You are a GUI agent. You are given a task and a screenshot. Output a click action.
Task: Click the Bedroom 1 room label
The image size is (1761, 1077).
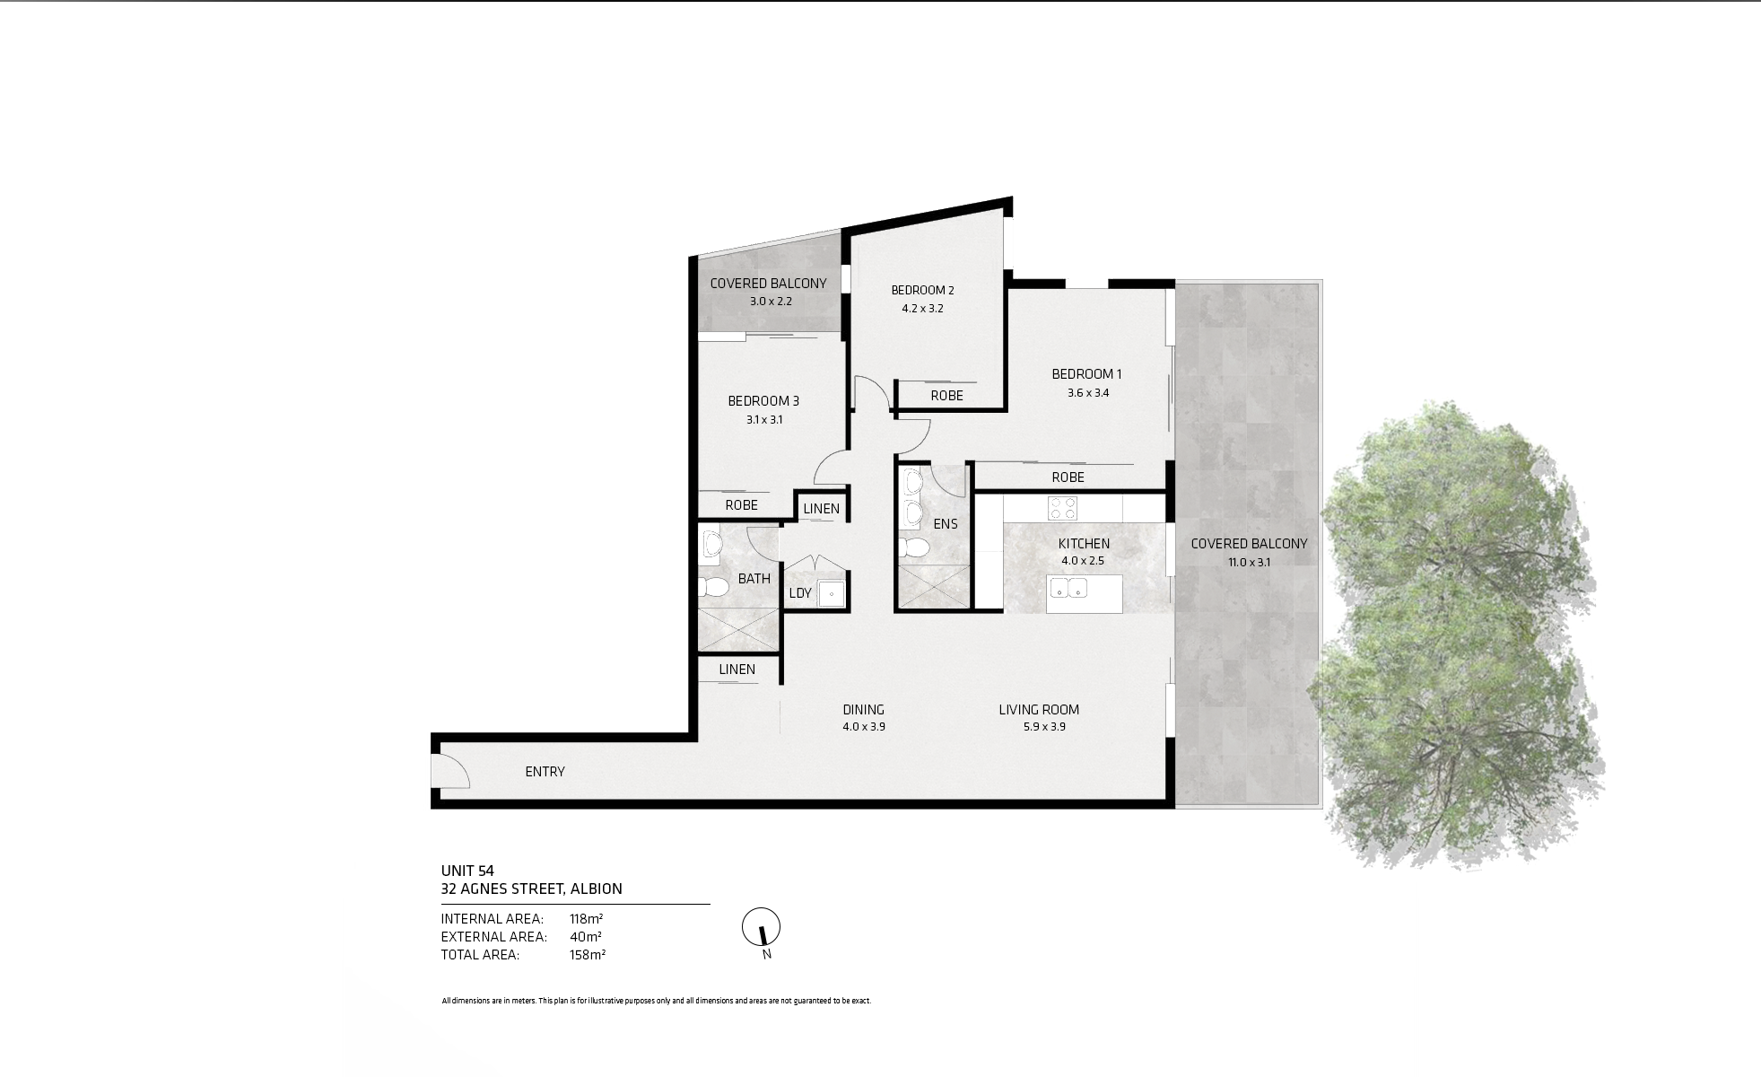1086,374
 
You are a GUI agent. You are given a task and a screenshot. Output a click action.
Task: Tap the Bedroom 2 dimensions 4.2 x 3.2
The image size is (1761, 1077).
922,309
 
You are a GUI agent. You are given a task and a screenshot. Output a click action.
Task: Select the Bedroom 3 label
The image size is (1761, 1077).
763,401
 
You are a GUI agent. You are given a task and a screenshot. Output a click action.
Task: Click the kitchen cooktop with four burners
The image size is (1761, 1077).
1063,508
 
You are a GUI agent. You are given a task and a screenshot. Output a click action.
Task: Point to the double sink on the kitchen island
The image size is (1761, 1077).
1069,589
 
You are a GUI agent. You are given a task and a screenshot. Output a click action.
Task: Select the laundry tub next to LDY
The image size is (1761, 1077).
832,593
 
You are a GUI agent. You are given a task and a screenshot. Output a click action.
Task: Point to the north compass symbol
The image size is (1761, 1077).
762,927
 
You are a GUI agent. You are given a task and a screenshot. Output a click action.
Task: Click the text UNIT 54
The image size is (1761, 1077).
467,871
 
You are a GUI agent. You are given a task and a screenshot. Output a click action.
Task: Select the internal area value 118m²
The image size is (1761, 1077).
587,919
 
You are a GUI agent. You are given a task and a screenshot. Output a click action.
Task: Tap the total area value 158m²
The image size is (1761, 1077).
588,955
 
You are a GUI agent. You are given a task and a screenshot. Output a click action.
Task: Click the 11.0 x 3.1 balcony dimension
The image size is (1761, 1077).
1249,563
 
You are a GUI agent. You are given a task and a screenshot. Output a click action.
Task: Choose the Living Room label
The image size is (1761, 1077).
1039,710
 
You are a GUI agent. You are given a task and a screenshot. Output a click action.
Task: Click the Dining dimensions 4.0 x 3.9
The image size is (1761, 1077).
864,727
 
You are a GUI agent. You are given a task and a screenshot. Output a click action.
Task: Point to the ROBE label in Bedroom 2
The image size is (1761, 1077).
946,396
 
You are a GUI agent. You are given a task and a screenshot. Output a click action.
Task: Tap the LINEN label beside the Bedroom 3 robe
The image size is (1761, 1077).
821,509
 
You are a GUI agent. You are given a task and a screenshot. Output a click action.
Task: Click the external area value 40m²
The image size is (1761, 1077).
586,937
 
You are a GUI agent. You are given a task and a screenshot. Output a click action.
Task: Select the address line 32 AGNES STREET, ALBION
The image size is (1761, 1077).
531,889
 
